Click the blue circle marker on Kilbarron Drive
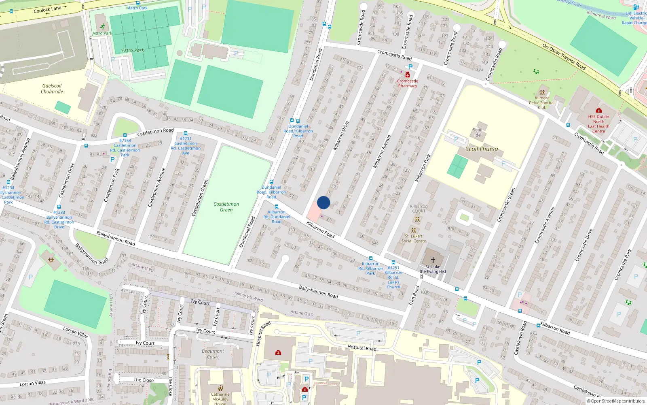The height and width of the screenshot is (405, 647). click(x=323, y=202)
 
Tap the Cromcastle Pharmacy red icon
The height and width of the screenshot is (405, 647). click(x=408, y=75)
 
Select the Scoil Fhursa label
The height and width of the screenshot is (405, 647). click(x=482, y=149)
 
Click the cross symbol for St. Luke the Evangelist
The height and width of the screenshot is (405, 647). click(x=433, y=260)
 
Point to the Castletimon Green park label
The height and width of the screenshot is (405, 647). click(x=226, y=207)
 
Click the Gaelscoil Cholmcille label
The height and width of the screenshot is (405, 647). click(x=52, y=89)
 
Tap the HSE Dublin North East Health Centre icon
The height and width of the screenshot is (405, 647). click(x=599, y=110)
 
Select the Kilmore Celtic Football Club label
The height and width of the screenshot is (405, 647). click(x=542, y=102)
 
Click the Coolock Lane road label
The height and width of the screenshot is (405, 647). click(x=47, y=9)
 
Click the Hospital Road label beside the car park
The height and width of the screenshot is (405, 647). click(x=362, y=348)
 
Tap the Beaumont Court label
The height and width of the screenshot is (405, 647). click(x=213, y=354)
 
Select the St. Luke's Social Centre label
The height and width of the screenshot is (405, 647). click(x=414, y=239)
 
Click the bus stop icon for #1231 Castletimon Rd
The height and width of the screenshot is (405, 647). click(x=186, y=133)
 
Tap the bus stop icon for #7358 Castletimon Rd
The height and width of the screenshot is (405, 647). click(x=125, y=135)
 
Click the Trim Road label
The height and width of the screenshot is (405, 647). click(x=414, y=296)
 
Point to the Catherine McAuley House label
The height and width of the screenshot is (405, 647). click(x=220, y=399)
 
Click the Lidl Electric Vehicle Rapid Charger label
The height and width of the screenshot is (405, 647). click(x=636, y=18)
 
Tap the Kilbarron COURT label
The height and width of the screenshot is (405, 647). click(x=419, y=209)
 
